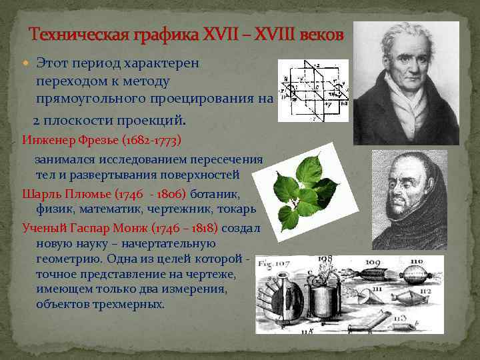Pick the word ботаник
click(x=215, y=194)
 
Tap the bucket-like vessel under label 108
click(x=327, y=297)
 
